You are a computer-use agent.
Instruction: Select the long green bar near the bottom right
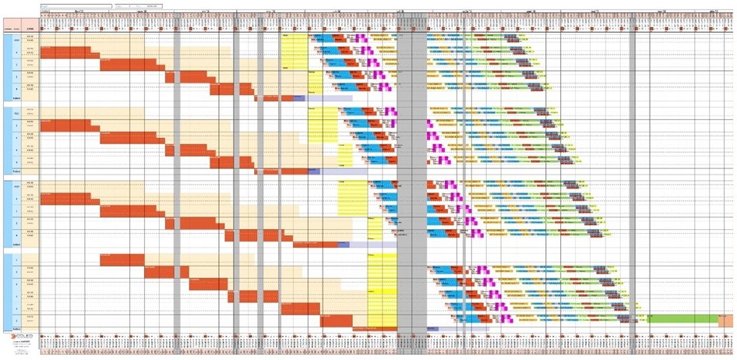[682, 319]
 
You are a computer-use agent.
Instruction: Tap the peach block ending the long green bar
[725, 319]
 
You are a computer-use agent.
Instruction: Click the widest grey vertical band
[411, 179]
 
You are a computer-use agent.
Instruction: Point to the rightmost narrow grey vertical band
[633, 179]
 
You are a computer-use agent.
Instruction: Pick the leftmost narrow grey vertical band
[178, 179]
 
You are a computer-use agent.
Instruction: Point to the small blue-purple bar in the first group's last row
[299, 98]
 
